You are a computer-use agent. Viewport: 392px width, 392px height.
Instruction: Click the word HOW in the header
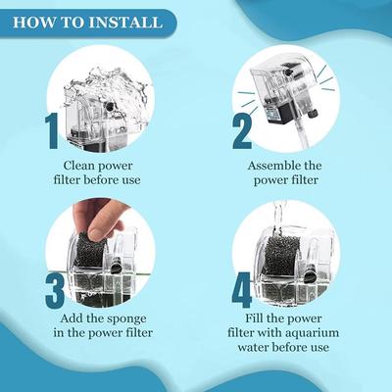pyautogui.click(x=36, y=21)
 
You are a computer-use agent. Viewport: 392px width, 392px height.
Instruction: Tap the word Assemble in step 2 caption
pyautogui.click(x=271, y=166)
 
